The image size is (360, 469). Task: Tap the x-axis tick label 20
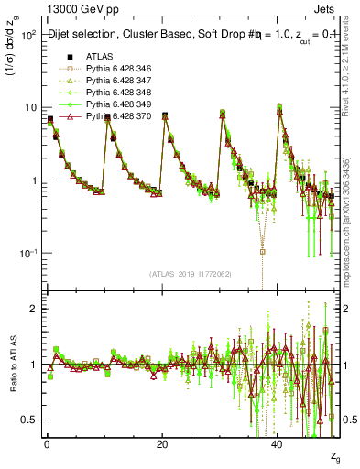[x=162, y=443]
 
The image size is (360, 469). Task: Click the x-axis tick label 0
[x=46, y=443]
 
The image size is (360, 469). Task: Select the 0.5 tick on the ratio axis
[x=27, y=420]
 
